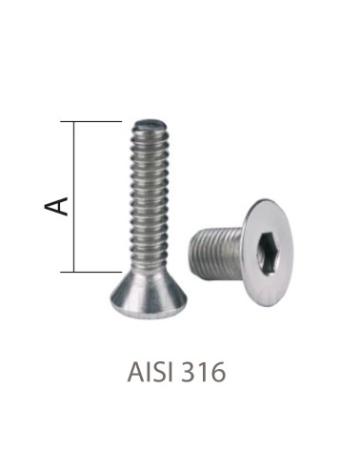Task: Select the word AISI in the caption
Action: pyautogui.click(x=152, y=372)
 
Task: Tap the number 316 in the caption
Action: pyautogui.click(x=207, y=372)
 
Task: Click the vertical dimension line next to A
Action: pyautogui.click(x=74, y=196)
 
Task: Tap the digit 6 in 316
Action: pyautogui.click(x=221, y=372)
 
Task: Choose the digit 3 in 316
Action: pyautogui.click(x=194, y=372)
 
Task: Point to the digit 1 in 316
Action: pyautogui.click(x=208, y=372)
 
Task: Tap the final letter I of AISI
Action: pyautogui.click(x=172, y=372)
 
